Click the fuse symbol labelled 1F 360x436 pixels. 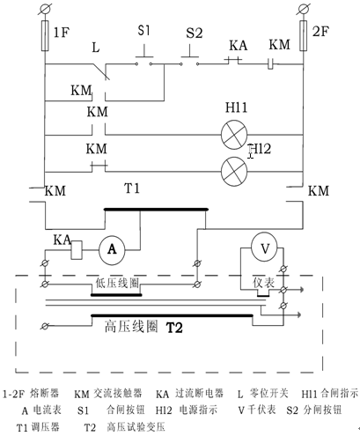[45, 36]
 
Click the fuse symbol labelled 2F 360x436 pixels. [304, 36]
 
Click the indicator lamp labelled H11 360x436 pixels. [234, 135]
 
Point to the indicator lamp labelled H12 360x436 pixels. [234, 172]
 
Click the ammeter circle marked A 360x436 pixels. [112, 250]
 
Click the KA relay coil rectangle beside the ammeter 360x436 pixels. [77, 250]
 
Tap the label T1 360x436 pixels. [132, 188]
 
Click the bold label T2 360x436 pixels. [174, 328]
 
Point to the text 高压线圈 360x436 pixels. [131, 326]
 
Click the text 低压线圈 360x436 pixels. [117, 283]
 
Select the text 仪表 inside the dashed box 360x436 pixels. [264, 283]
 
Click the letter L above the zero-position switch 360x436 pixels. [96, 48]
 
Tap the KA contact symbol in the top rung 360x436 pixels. [233, 61]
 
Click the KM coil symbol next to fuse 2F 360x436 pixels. [270, 64]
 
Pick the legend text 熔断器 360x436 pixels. [44, 393]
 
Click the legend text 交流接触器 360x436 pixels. [118, 393]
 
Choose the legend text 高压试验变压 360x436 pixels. [136, 427]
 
